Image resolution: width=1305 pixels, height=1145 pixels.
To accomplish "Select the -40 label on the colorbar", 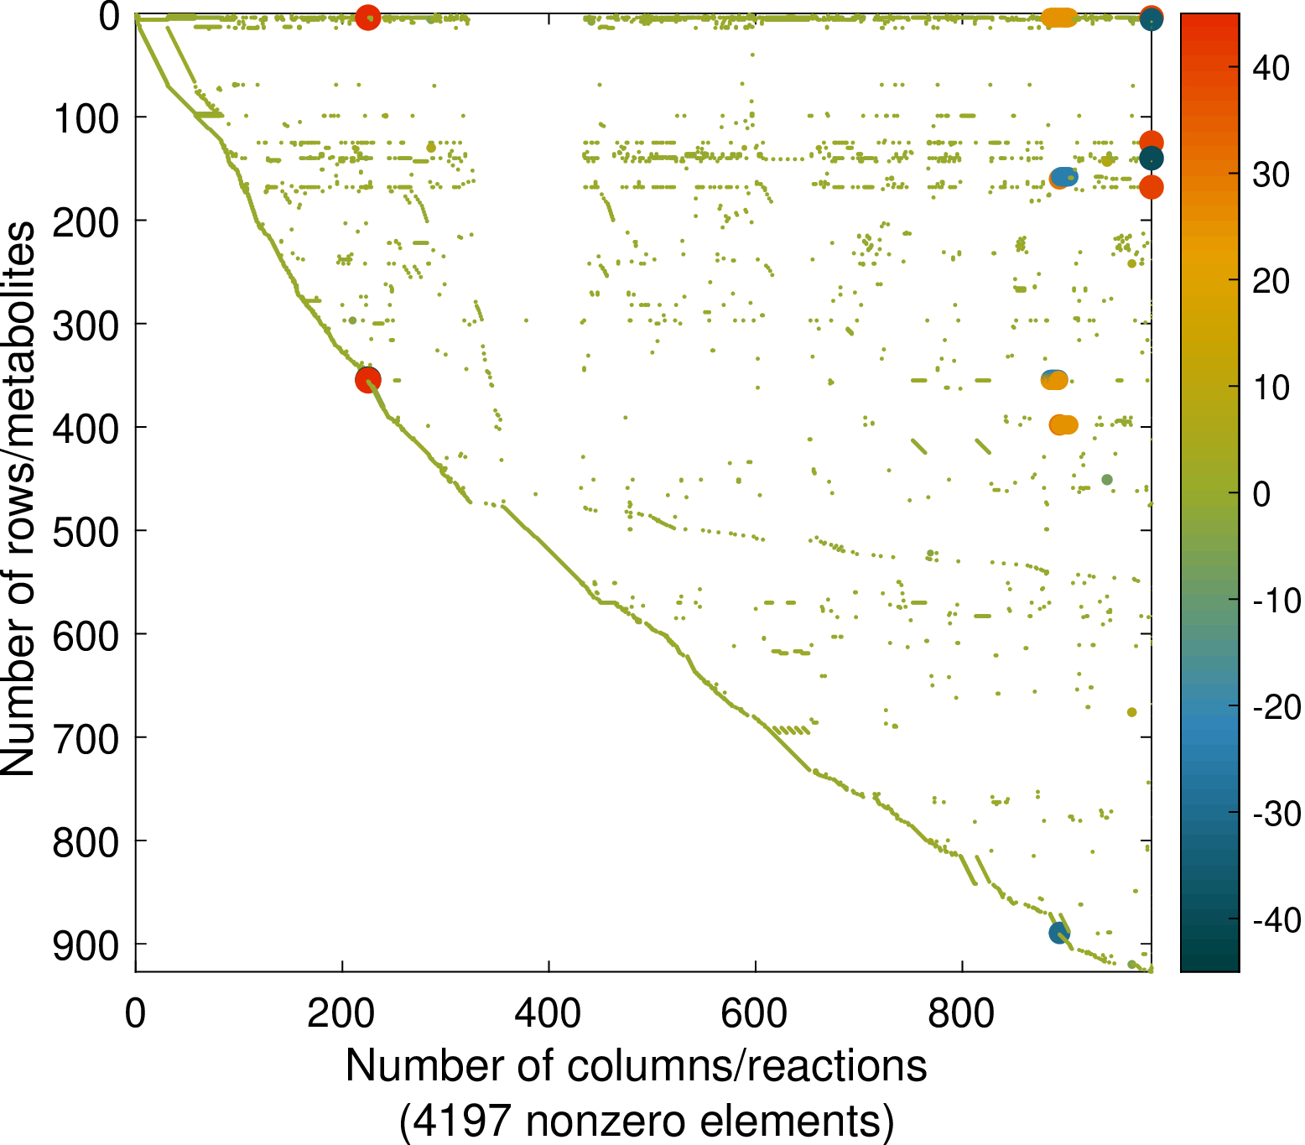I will [x=1276, y=920].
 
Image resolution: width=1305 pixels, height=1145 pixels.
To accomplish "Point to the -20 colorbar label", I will [x=1276, y=707].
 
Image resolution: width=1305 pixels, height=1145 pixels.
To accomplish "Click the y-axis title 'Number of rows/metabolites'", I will [x=18, y=498].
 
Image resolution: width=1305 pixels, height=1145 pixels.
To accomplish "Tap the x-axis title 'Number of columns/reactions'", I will [x=636, y=1066].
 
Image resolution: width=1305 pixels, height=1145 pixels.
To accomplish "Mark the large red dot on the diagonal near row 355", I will [x=367, y=380].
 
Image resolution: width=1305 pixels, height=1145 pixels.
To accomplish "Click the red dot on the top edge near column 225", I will [x=367, y=17].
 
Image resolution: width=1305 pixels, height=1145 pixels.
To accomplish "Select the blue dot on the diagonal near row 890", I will [x=1059, y=933].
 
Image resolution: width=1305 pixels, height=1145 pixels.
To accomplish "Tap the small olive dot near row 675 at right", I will [x=1131, y=712].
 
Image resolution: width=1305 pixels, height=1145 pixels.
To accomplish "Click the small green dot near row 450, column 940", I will [x=1107, y=480].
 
